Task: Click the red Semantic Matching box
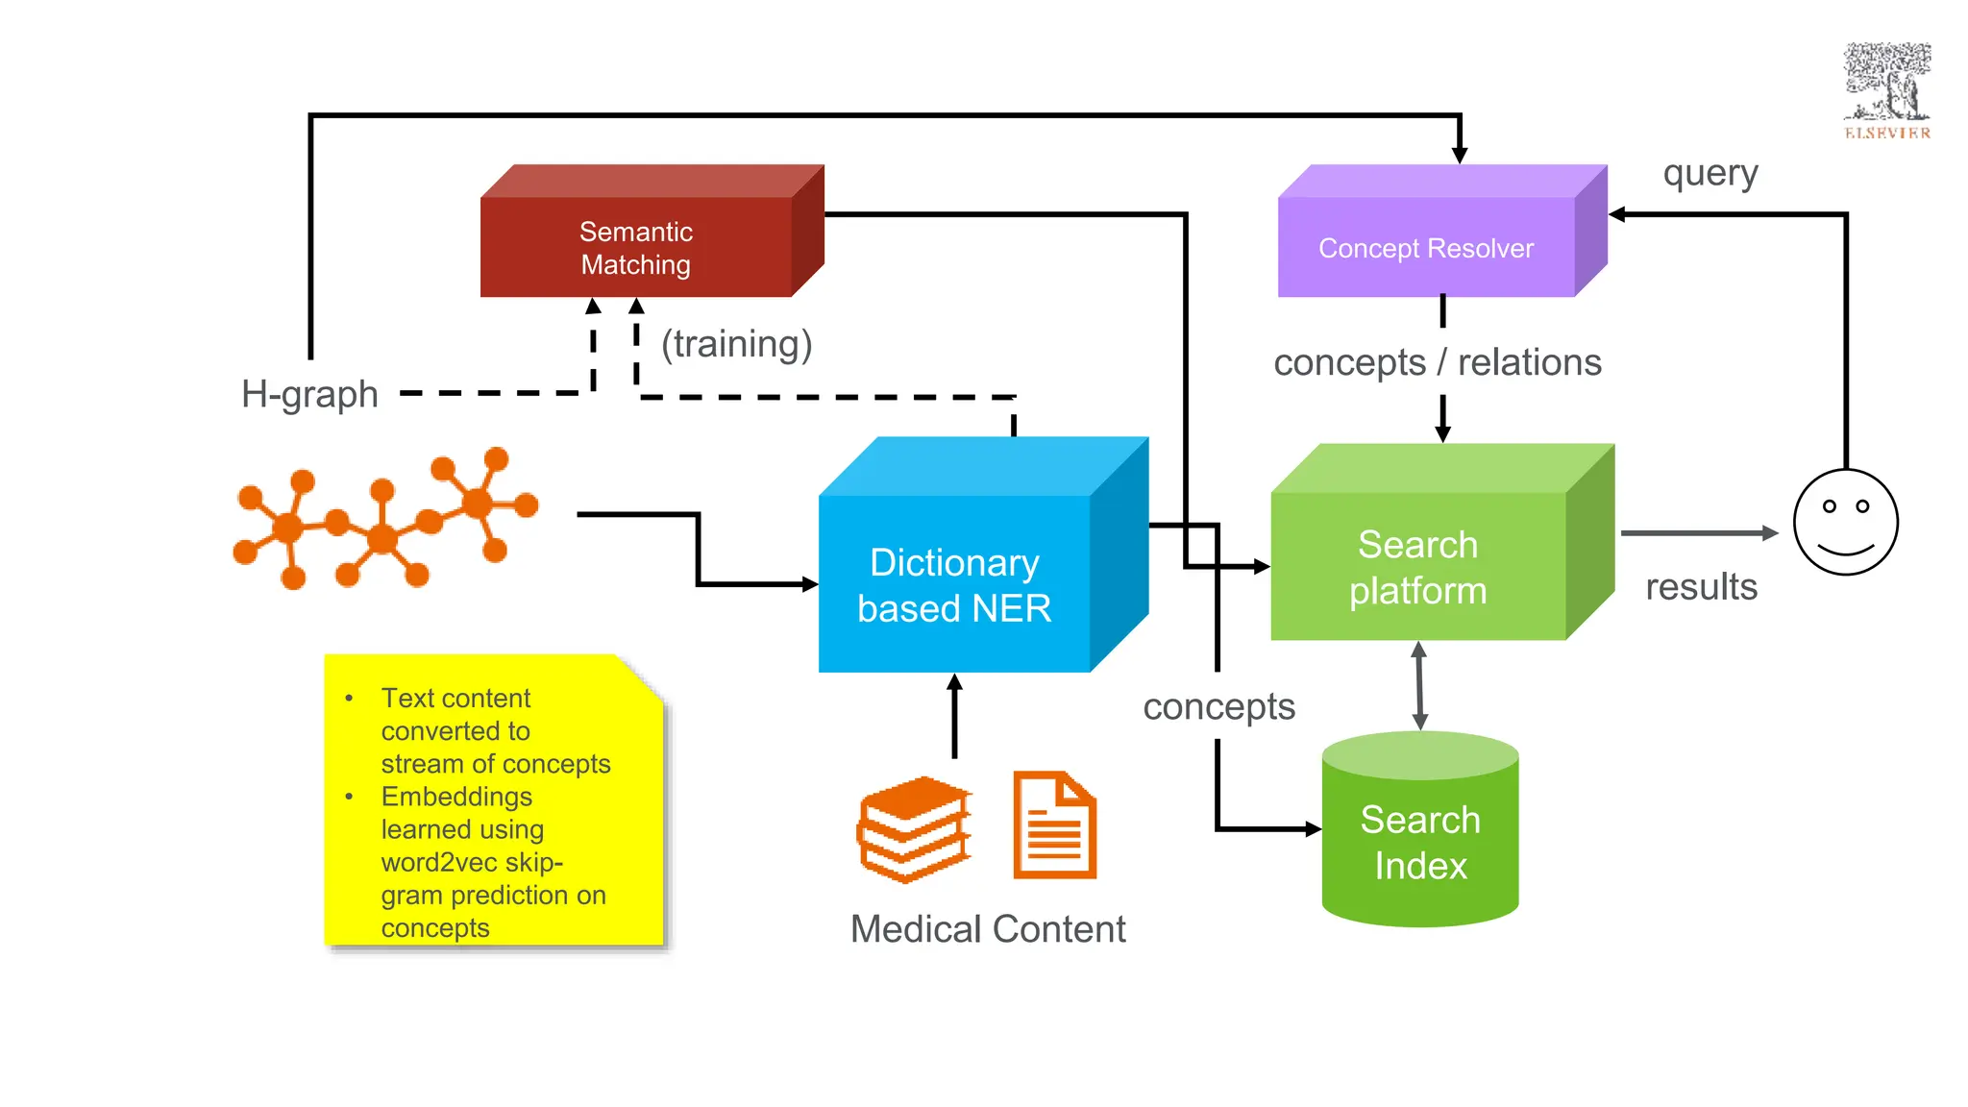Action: pyautogui.click(x=636, y=247)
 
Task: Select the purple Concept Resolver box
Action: pyautogui.click(x=1426, y=247)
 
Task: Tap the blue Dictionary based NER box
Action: pyautogui.click(x=954, y=583)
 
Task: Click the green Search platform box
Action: pyautogui.click(x=1418, y=566)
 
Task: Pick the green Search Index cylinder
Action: pyautogui.click(x=1420, y=841)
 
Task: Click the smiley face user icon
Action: pyautogui.click(x=1845, y=522)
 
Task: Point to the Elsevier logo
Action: pyautogui.click(x=1886, y=91)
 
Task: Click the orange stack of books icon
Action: pyautogui.click(x=914, y=828)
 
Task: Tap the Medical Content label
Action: pyautogui.click(x=988, y=929)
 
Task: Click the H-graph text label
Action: pyautogui.click(x=309, y=394)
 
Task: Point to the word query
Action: pyautogui.click(x=1710, y=174)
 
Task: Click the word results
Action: pyautogui.click(x=1701, y=587)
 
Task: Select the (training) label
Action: pyautogui.click(x=736, y=344)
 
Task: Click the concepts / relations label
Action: pyautogui.click(x=1437, y=363)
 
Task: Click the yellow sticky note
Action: pyautogui.click(x=494, y=802)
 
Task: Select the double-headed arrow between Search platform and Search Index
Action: pyautogui.click(x=1419, y=685)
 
